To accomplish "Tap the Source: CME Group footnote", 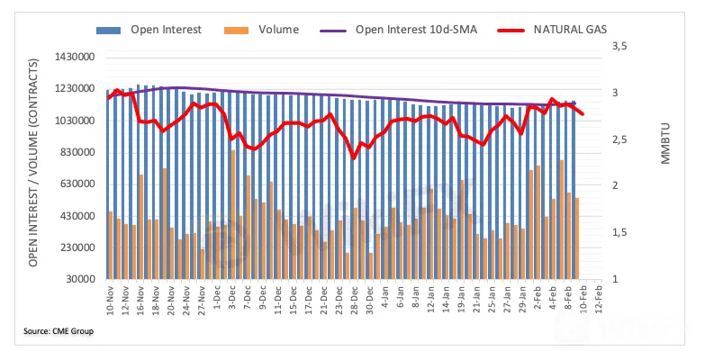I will click(59, 331).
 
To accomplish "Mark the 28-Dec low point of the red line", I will click(354, 158).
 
